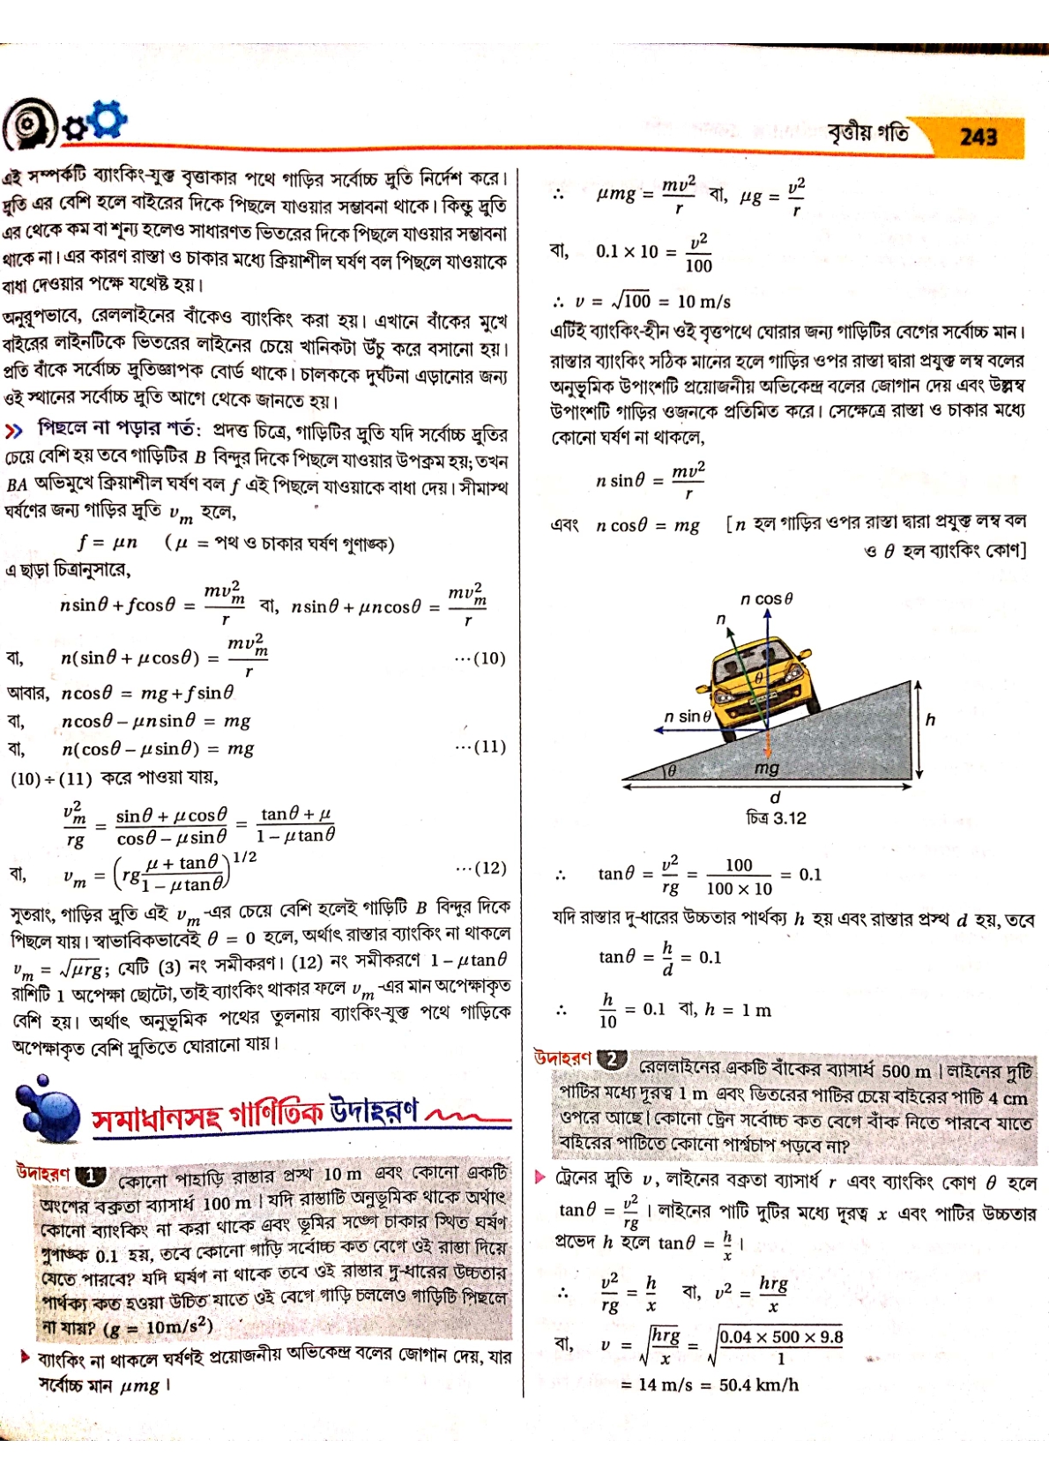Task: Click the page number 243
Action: click(x=978, y=137)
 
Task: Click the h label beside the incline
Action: click(x=930, y=720)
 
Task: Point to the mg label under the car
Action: click(x=767, y=768)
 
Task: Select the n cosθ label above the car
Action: click(x=766, y=599)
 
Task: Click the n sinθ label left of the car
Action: click(x=688, y=716)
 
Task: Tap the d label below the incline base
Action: click(x=775, y=798)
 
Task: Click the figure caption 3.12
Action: click(x=776, y=818)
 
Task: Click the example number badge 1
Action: click(x=91, y=1176)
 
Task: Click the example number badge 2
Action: click(x=611, y=1060)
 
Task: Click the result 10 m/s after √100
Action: click(x=703, y=301)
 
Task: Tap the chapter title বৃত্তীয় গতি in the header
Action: click(x=867, y=134)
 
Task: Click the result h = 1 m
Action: click(x=738, y=1010)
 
